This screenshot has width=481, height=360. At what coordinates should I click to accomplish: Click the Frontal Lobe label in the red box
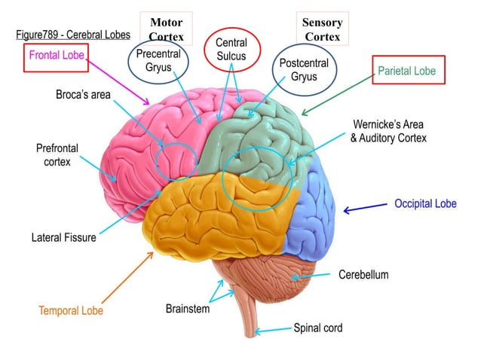pos(57,56)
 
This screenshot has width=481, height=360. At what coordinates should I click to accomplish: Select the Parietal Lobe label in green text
pos(406,72)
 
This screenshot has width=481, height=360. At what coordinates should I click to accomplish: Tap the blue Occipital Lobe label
pos(425,203)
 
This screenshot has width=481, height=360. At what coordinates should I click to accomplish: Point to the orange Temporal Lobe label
pos(71,310)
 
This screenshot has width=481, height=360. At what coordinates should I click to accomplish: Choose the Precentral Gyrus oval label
pos(158,62)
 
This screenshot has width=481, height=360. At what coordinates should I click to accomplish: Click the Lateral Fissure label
pos(63,238)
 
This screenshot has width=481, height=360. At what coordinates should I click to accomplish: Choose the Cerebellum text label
pos(363,275)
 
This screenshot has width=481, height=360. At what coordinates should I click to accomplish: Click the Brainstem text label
pos(188,309)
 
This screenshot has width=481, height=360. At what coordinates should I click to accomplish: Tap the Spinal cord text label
pos(317,328)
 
